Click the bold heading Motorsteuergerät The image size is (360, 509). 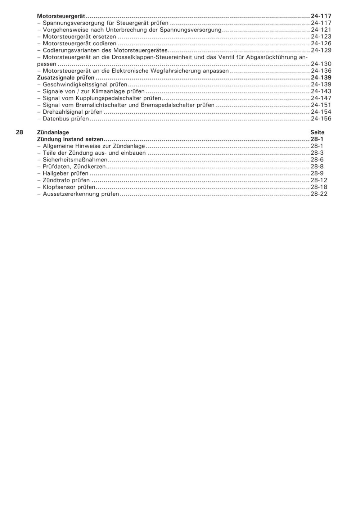click(x=61, y=16)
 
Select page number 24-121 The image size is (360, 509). click(x=321, y=30)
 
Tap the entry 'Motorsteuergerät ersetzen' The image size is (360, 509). click(x=79, y=37)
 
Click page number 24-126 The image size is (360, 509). click(x=321, y=44)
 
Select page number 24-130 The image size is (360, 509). click(x=321, y=64)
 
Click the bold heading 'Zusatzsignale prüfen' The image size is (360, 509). click(x=66, y=78)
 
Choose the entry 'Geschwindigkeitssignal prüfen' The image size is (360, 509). click(x=85, y=85)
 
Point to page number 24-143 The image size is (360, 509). click(x=321, y=91)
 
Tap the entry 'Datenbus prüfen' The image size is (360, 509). click(x=66, y=119)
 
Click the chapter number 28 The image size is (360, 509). click(x=19, y=132)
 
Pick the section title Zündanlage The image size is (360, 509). click(x=53, y=132)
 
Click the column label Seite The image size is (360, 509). click(x=317, y=132)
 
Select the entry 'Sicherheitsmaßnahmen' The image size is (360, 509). click(x=75, y=160)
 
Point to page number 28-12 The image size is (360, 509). click(x=319, y=180)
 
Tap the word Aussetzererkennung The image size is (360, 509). click(x=71, y=194)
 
